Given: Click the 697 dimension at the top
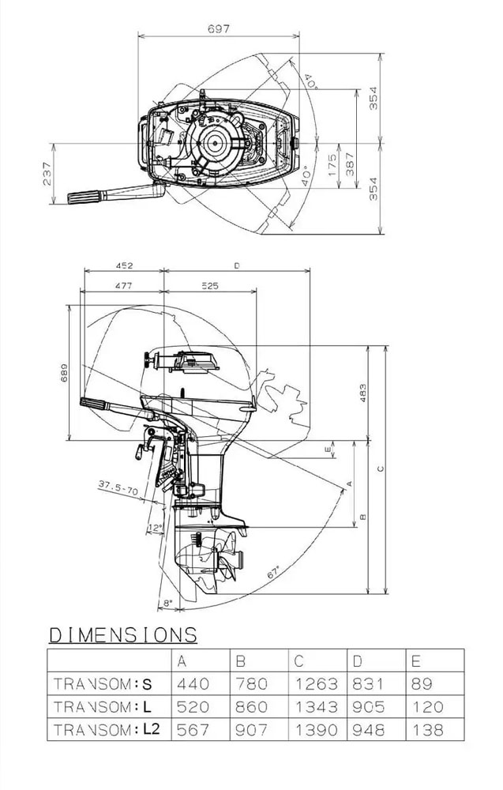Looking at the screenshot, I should pyautogui.click(x=219, y=28).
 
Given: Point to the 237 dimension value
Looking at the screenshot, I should pyautogui.click(x=47, y=175).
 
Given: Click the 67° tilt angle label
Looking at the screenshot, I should pyautogui.click(x=274, y=575).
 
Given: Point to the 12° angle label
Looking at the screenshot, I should pyautogui.click(x=155, y=528).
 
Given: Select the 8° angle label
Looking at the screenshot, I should pyautogui.click(x=166, y=603).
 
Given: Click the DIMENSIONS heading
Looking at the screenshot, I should pyautogui.click(x=122, y=634).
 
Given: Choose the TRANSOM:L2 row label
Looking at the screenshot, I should pyautogui.click(x=107, y=731).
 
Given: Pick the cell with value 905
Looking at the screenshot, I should pyautogui.click(x=370, y=707).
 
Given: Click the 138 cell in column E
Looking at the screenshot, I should pyautogui.click(x=427, y=731).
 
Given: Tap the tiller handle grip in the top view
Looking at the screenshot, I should pyautogui.click(x=82, y=198).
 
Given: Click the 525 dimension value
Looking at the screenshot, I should pyautogui.click(x=208, y=285).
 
